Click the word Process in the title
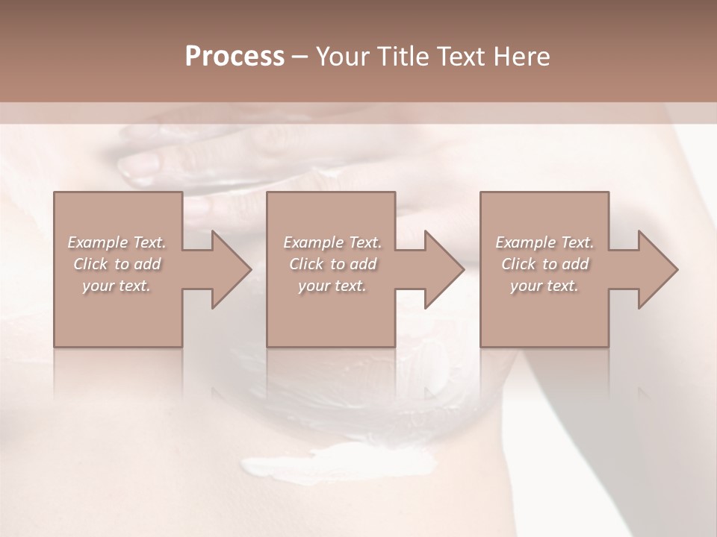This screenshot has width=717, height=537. (235, 57)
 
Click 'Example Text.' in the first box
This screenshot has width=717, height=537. (117, 242)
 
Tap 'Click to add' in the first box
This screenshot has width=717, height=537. (117, 264)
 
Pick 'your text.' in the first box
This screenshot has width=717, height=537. (117, 286)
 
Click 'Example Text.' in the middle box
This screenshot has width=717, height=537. (332, 242)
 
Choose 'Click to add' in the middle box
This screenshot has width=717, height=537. (332, 264)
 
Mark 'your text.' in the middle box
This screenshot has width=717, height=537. (332, 286)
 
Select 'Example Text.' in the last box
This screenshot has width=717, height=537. (544, 242)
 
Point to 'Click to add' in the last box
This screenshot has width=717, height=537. (544, 264)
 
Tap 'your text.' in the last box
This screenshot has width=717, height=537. (544, 286)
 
